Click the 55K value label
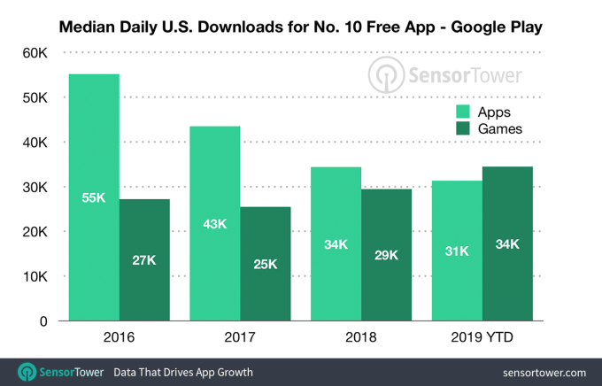94,197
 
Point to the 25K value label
266,263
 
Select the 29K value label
387,255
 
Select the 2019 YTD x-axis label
482,336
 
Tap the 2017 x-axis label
240,336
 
